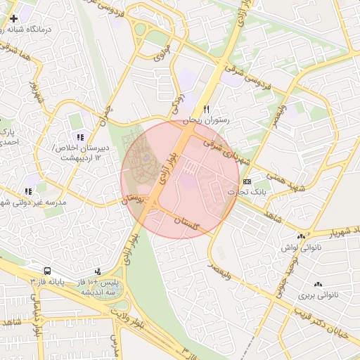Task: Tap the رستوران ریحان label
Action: (207, 121)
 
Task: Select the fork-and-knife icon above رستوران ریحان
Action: (206, 109)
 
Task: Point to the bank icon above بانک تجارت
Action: (246, 181)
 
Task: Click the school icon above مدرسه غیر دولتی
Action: (28, 191)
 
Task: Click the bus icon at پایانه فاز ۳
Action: (47, 271)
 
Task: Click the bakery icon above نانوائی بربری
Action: (318, 284)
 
